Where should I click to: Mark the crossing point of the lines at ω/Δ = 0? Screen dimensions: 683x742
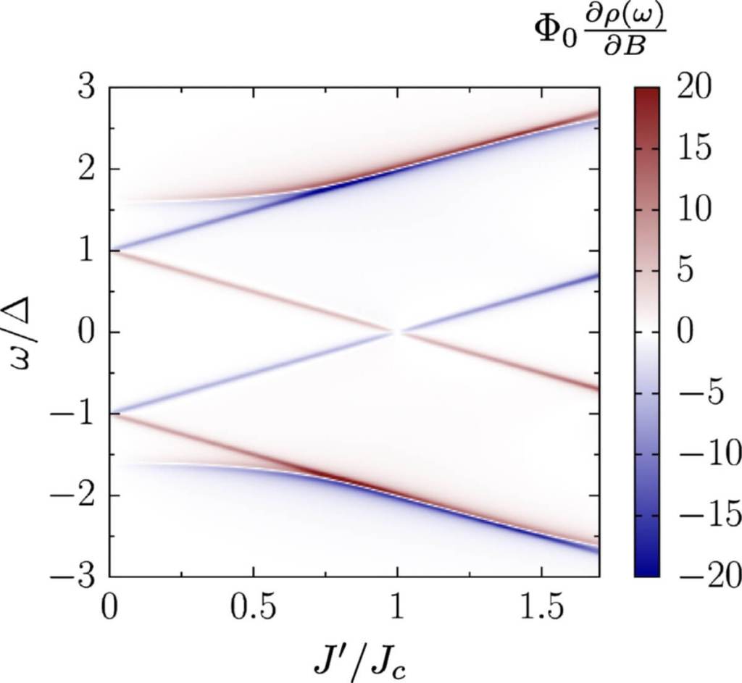(x=396, y=332)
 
